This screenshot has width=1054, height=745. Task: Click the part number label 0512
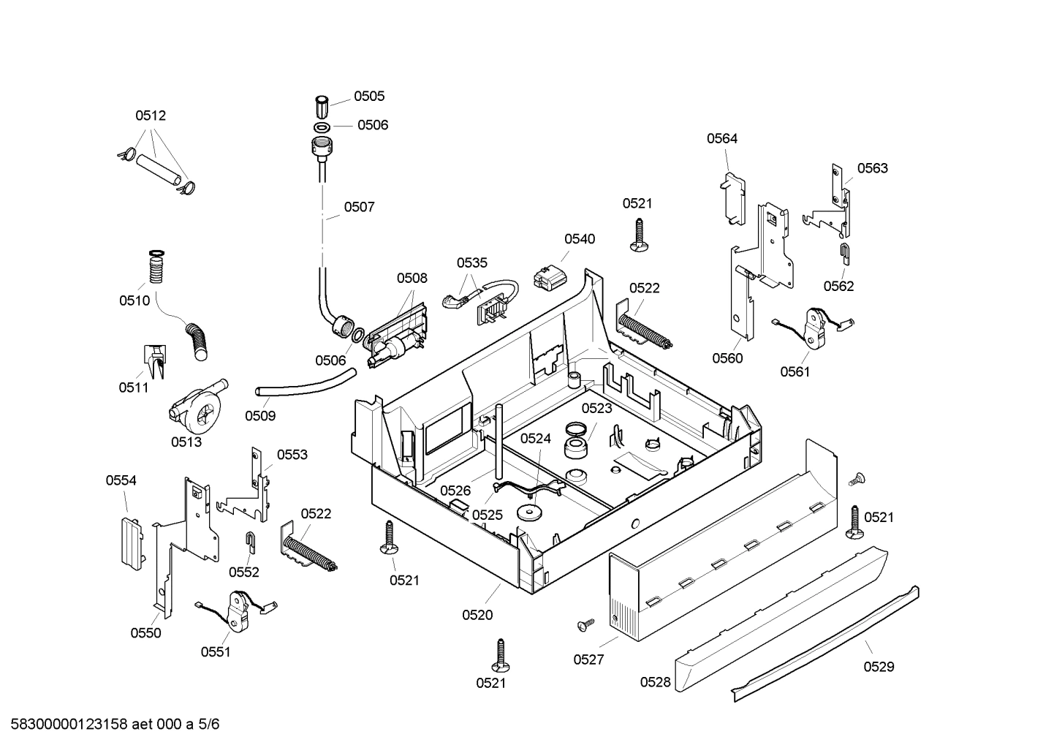pyautogui.click(x=151, y=116)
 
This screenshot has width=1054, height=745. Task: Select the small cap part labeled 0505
pyautogui.click(x=322, y=107)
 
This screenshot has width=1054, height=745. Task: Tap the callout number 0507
pyautogui.click(x=359, y=207)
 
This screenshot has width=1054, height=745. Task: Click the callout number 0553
pyautogui.click(x=292, y=455)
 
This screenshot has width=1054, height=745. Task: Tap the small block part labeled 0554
pyautogui.click(x=131, y=542)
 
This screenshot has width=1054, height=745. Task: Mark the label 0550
pyautogui.click(x=145, y=633)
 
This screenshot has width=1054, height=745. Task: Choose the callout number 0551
pyautogui.click(x=216, y=651)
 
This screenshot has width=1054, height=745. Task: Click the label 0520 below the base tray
pyautogui.click(x=477, y=615)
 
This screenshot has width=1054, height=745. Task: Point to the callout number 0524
pyautogui.click(x=536, y=438)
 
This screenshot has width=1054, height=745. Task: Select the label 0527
pyautogui.click(x=588, y=659)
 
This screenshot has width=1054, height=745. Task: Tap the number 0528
pyautogui.click(x=655, y=682)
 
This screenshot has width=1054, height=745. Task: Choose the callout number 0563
pyautogui.click(x=872, y=168)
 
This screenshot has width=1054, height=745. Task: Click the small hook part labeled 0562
pyautogui.click(x=843, y=254)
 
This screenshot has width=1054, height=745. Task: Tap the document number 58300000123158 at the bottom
pyautogui.click(x=66, y=725)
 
